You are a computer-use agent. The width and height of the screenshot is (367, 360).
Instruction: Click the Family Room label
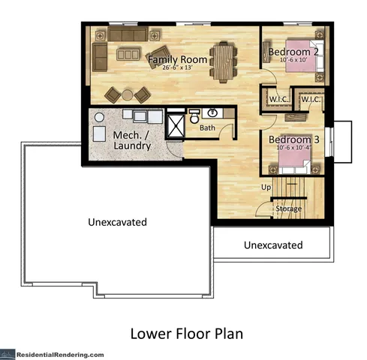pyautogui.click(x=177, y=59)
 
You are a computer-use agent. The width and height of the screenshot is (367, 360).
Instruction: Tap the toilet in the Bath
pyautogui.click(x=194, y=117)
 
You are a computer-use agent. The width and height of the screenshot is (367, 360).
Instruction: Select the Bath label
pyautogui.click(x=207, y=128)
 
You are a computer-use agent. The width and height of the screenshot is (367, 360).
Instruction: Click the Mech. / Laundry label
pyautogui.click(x=132, y=140)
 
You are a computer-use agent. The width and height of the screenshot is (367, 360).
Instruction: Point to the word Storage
pyautogui.click(x=289, y=208)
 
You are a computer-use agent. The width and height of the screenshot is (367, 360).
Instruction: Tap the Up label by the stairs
pyautogui.click(x=265, y=187)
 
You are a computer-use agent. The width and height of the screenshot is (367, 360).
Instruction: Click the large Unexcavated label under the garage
pyautogui.click(x=116, y=222)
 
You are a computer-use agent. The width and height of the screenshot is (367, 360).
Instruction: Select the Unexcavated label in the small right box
pyautogui.click(x=273, y=245)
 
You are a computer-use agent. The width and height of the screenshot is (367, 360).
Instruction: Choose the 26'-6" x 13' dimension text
pyautogui.click(x=177, y=68)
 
